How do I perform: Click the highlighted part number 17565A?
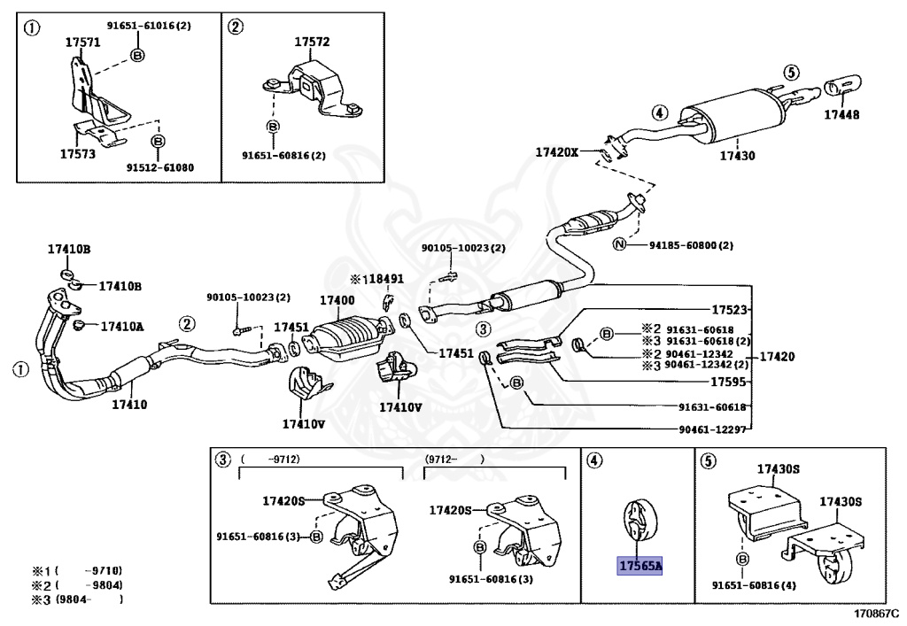tap(640, 566)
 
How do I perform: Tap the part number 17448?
tap(841, 114)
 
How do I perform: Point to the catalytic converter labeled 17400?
tap(349, 337)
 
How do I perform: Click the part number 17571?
tap(82, 43)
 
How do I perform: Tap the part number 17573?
tap(78, 154)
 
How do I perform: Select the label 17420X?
tap(556, 152)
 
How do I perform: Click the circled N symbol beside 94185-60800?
tap(619, 244)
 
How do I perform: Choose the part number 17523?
tap(729, 310)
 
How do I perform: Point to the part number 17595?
tap(728, 382)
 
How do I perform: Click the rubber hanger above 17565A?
tap(637, 519)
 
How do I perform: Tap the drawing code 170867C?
tap(878, 612)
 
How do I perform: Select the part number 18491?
tap(386, 279)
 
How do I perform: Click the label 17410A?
tap(122, 327)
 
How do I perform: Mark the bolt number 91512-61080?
tap(160, 167)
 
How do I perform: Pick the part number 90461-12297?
tap(713, 429)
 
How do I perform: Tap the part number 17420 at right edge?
tap(777, 356)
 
